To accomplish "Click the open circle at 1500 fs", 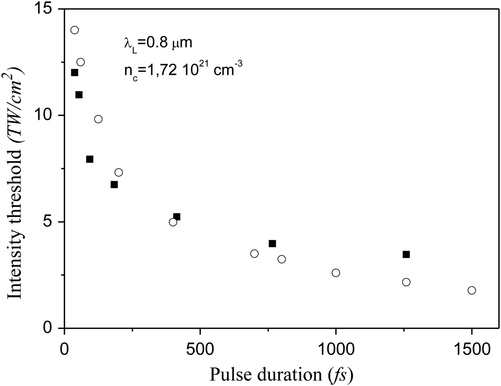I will [x=472, y=290].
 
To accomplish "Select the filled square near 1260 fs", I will [x=406, y=254].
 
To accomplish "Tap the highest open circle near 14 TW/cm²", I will [x=74, y=30].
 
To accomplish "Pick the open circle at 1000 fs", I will [x=336, y=273].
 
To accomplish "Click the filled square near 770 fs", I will [x=272, y=244].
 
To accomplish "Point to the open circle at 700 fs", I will [x=254, y=254].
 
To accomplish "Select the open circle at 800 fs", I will [x=282, y=259].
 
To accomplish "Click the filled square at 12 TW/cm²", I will [x=74, y=73].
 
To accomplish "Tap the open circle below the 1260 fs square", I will [x=406, y=282].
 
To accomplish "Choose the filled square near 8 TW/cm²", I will [x=90, y=159].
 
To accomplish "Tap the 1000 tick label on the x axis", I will [x=336, y=348].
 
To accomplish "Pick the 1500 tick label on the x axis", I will [x=472, y=348].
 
